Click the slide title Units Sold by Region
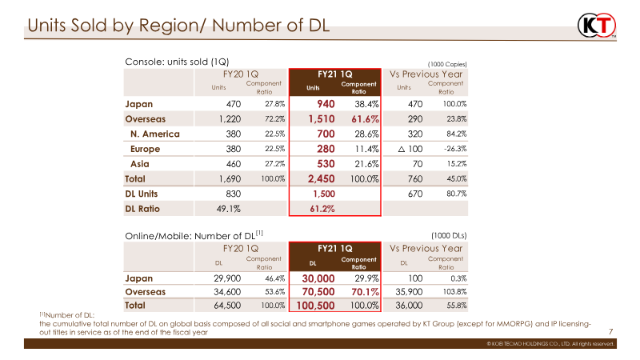pyautogui.click(x=178, y=27)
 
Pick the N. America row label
pyautogui.click(x=155, y=134)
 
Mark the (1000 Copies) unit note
pyautogui.click(x=446, y=63)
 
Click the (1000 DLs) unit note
pyautogui.click(x=449, y=235)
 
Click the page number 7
pyautogui.click(x=611, y=330)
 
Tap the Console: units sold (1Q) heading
pyautogui.click(x=177, y=62)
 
